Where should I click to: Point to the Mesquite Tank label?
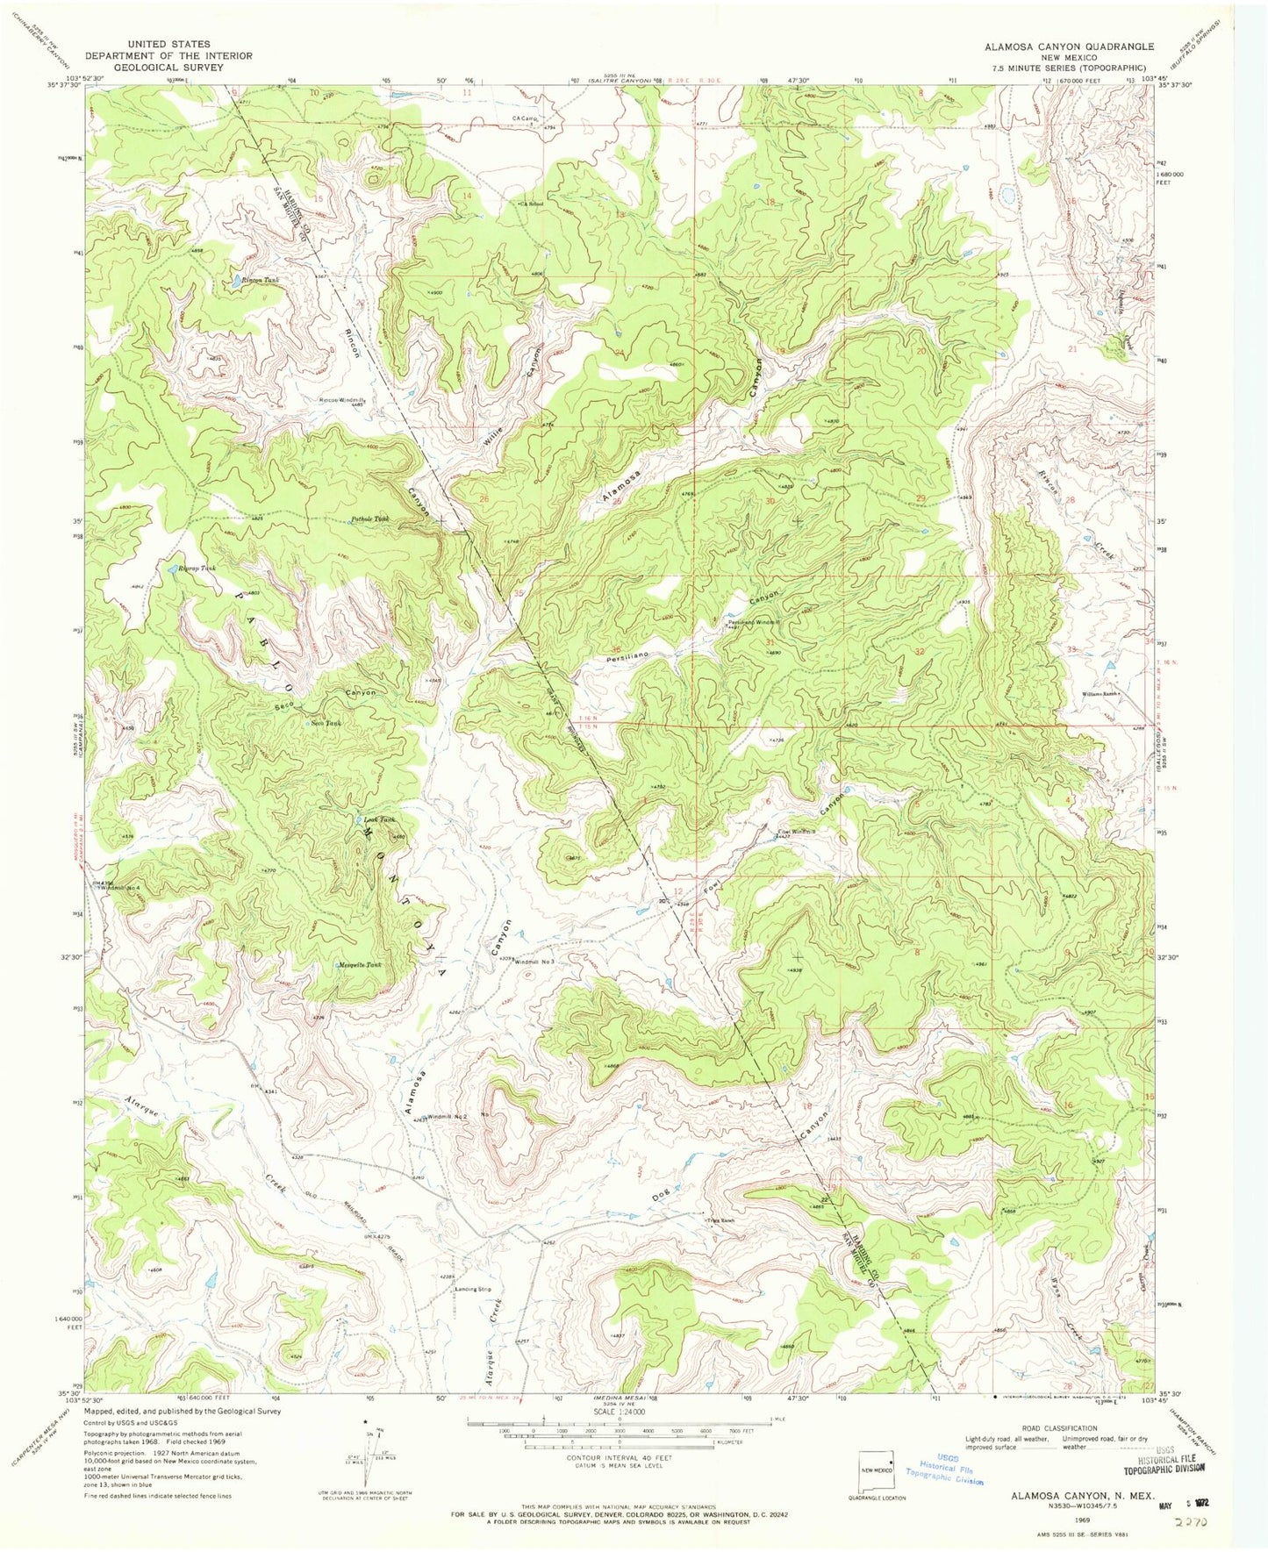[x=360, y=965]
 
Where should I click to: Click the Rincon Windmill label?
[x=340, y=400]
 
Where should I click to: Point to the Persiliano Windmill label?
[x=753, y=622]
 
